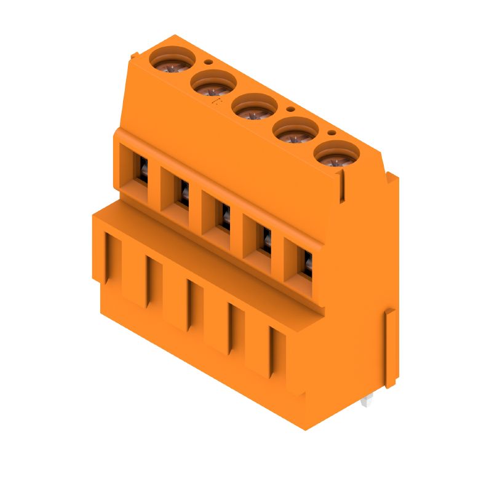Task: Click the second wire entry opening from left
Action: coord(183,191)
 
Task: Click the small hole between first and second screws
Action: coord(209,61)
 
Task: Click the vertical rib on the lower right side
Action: coord(390,347)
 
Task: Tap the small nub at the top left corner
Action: coord(133,57)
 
